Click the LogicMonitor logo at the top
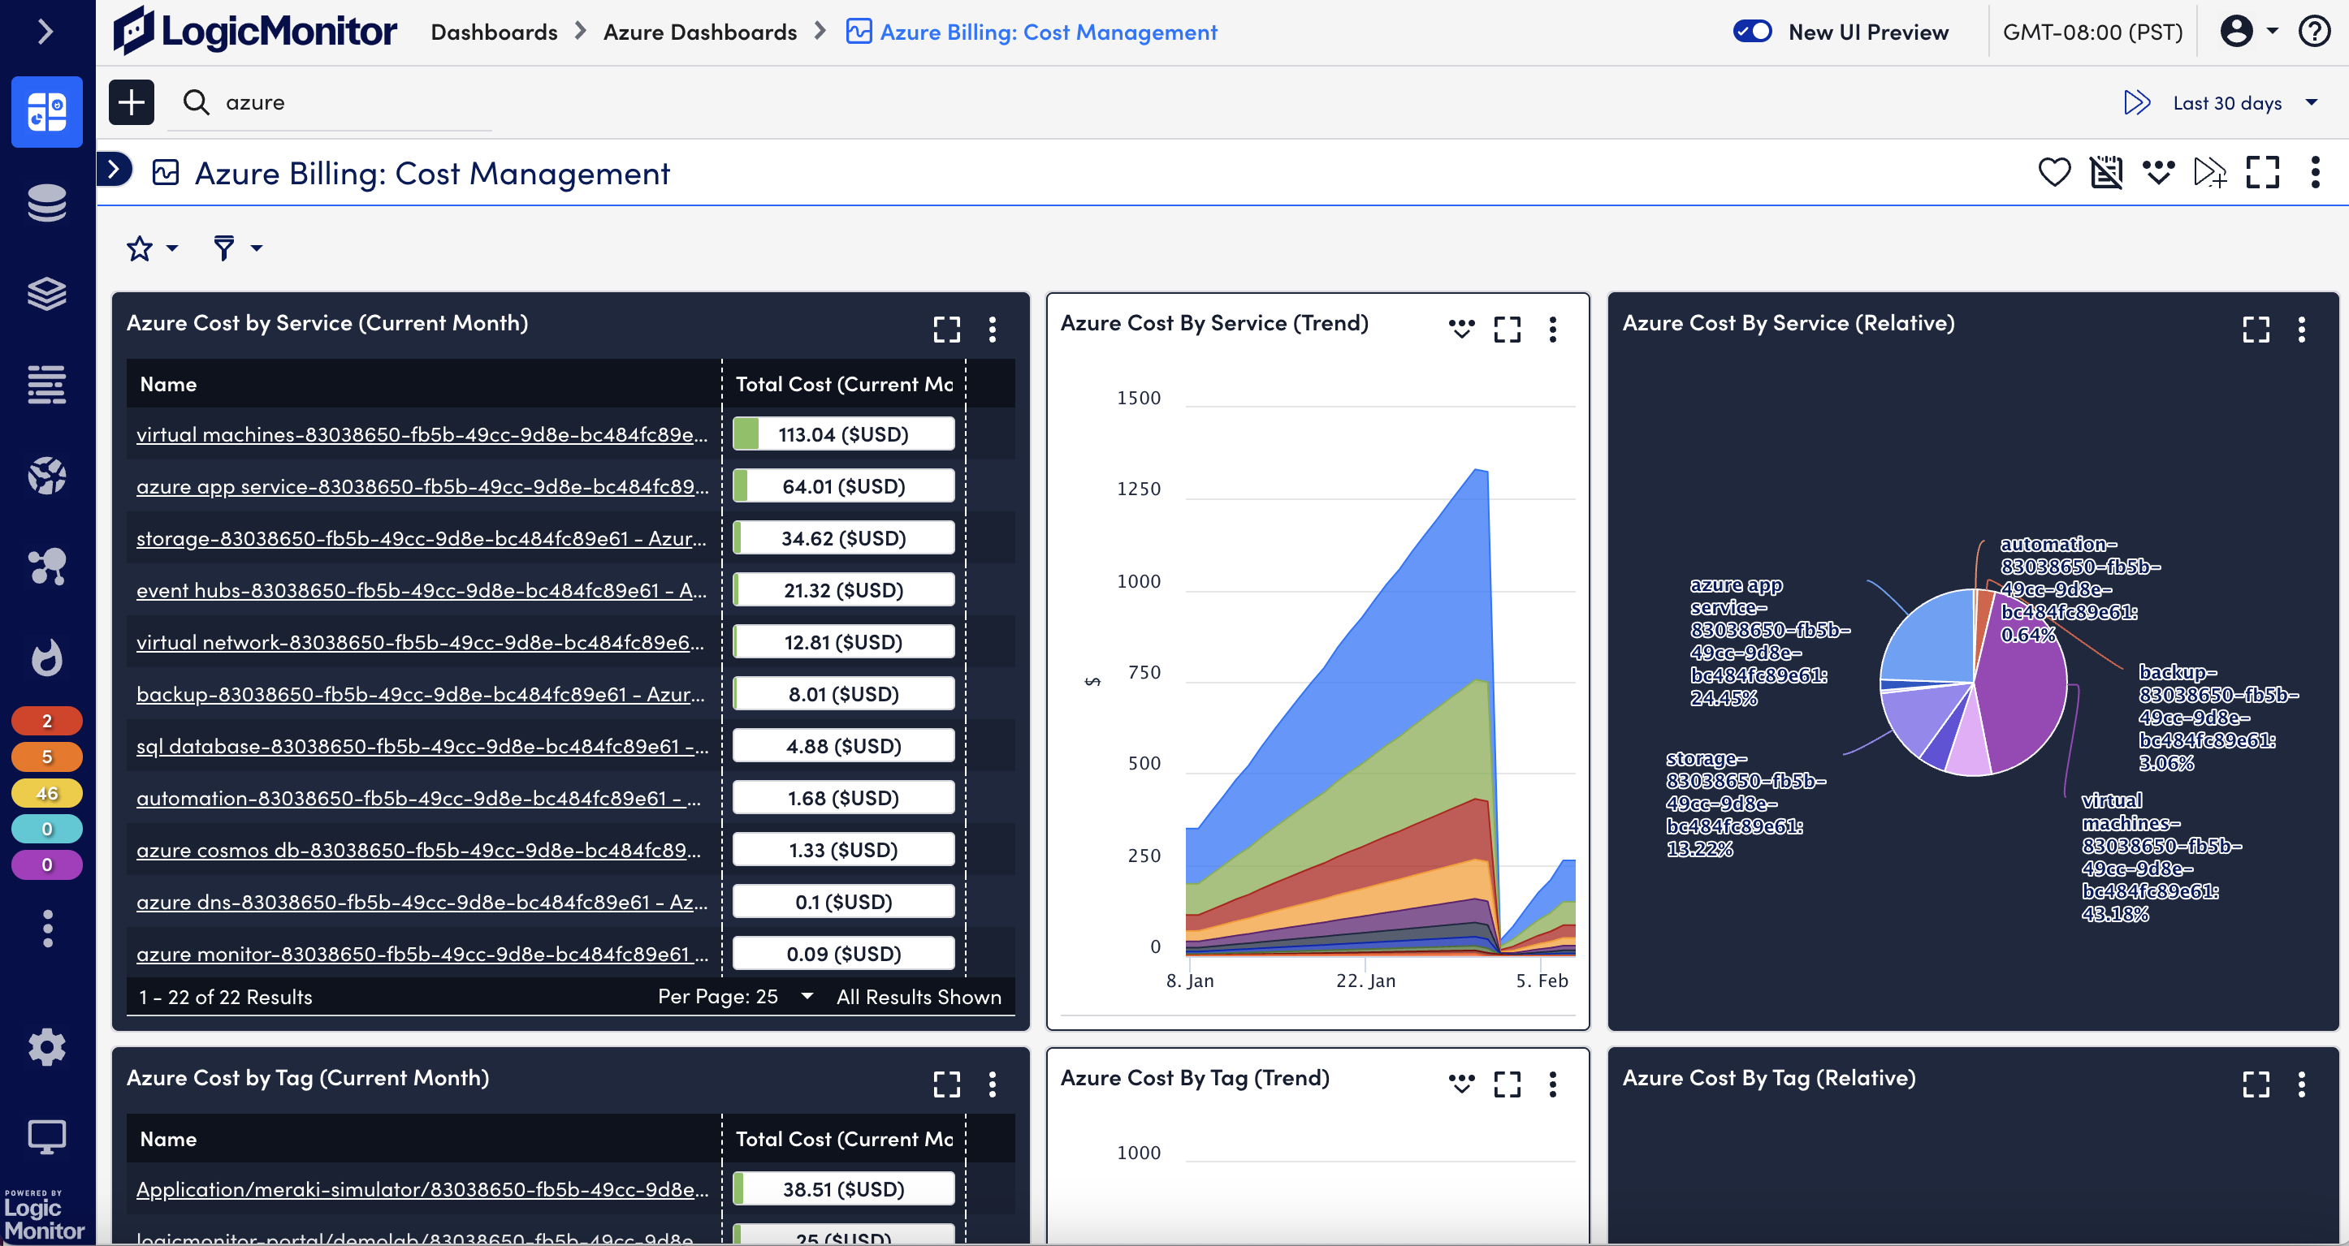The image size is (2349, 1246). pyautogui.click(x=255, y=32)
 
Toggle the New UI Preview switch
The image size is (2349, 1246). pyautogui.click(x=1752, y=32)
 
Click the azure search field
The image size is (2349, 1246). pyautogui.click(x=347, y=102)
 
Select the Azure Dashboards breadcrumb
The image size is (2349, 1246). pyautogui.click(x=699, y=32)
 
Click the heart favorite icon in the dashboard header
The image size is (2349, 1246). pyautogui.click(x=2053, y=172)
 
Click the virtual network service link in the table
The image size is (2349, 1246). pyautogui.click(x=419, y=643)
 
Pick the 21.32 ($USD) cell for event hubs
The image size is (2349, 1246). pyautogui.click(x=843, y=591)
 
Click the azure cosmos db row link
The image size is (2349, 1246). pyautogui.click(x=418, y=851)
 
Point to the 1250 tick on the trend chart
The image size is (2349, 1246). pyautogui.click(x=1138, y=489)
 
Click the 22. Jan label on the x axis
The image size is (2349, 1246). pyautogui.click(x=1365, y=981)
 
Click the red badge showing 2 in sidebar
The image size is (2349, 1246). pyautogui.click(x=46, y=721)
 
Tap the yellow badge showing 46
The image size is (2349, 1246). pyautogui.click(x=46, y=793)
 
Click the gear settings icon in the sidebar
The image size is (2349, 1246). pyautogui.click(x=46, y=1047)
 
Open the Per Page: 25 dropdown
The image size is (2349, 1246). pyautogui.click(x=735, y=997)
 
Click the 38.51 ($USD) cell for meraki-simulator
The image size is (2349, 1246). pyautogui.click(x=843, y=1189)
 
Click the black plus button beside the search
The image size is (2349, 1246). pyautogui.click(x=132, y=102)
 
